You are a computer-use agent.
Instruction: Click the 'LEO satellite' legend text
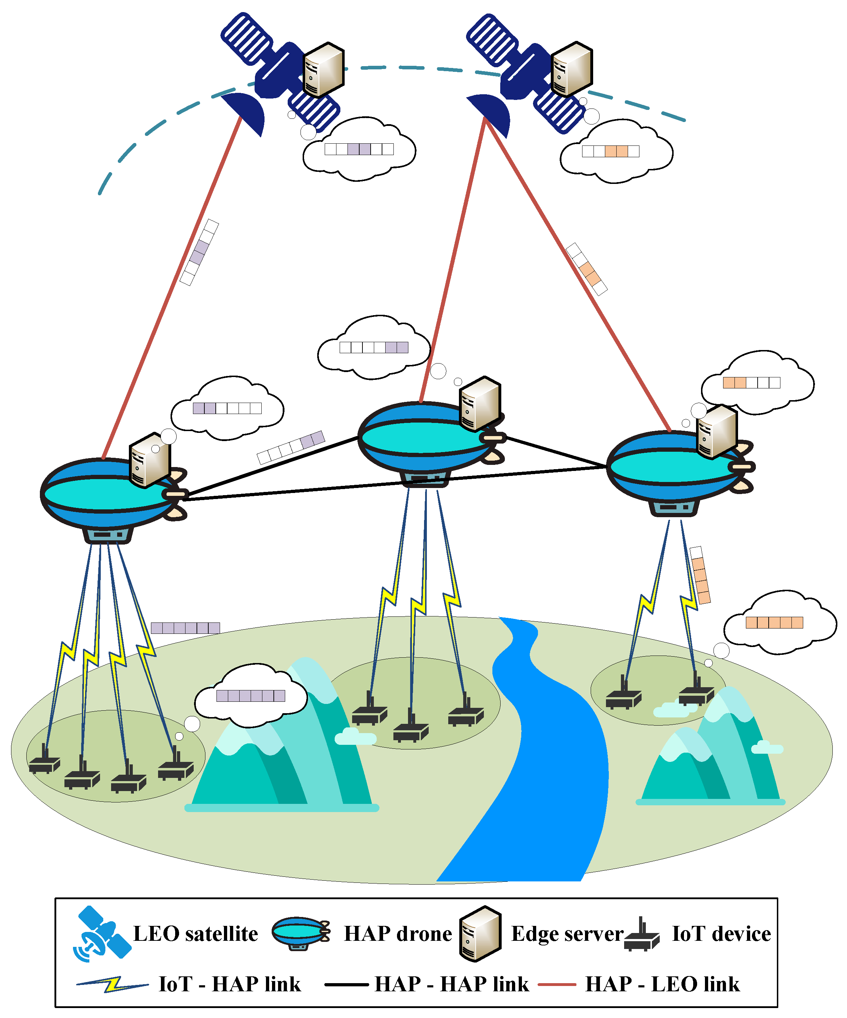pos(195,934)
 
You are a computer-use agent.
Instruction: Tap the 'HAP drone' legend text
pos(397,934)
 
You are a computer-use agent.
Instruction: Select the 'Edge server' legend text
pos(566,934)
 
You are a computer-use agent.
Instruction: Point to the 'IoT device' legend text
pos(721,934)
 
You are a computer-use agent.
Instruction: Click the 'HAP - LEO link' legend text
pos(662,985)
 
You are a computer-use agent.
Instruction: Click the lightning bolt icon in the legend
pos(113,985)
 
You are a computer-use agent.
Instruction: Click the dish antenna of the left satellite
pos(245,113)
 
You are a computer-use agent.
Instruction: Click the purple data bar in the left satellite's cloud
pos(359,149)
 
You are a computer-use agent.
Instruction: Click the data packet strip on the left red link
pos(199,253)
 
